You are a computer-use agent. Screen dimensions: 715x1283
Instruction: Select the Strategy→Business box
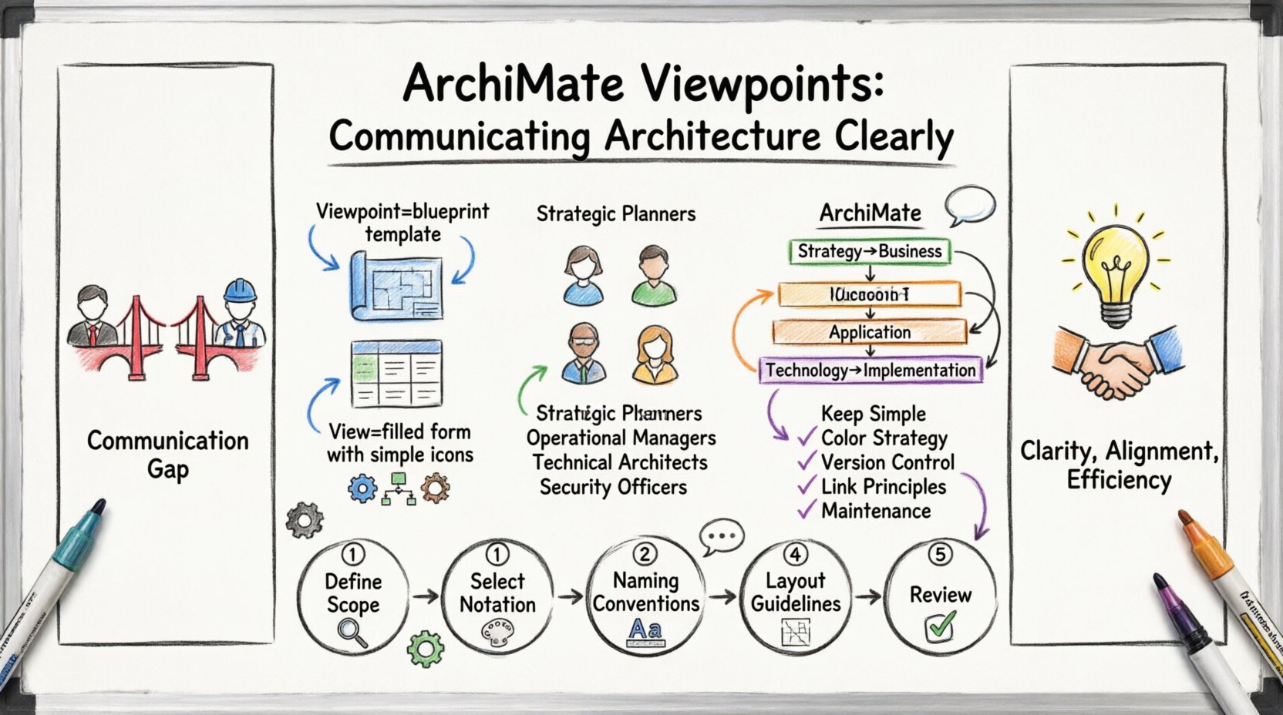(x=870, y=251)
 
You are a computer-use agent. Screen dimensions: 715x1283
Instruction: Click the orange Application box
(x=870, y=332)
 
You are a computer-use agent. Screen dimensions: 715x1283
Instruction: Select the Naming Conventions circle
(x=645, y=595)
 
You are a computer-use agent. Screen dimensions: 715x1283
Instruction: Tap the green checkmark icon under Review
(x=940, y=626)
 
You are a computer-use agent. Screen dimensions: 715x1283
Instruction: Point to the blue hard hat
(x=240, y=291)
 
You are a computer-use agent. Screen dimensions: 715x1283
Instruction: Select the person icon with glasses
(x=584, y=354)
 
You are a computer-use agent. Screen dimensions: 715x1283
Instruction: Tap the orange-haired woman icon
(x=654, y=354)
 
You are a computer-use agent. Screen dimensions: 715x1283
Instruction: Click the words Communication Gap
(x=168, y=454)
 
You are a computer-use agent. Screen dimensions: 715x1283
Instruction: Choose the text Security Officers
(x=613, y=487)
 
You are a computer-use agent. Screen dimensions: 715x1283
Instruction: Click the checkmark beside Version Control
(x=807, y=462)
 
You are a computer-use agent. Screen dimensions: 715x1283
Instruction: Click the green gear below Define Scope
(x=425, y=648)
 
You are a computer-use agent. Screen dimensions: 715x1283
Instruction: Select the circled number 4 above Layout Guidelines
(x=795, y=553)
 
